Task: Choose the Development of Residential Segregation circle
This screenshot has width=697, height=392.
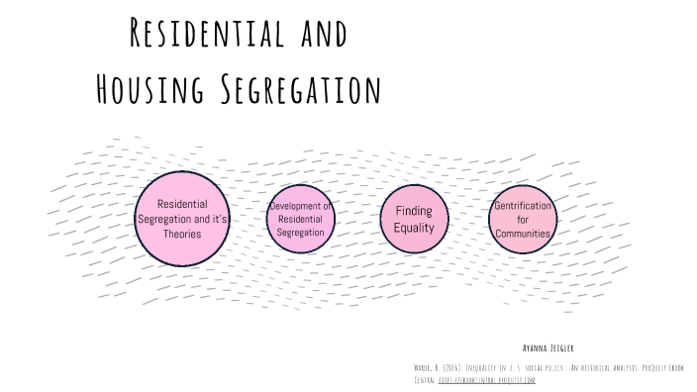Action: tap(300, 218)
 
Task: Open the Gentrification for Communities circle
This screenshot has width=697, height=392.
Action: tap(522, 219)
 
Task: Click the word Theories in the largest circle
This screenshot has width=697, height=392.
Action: tap(182, 235)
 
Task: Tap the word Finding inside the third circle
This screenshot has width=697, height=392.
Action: tap(414, 211)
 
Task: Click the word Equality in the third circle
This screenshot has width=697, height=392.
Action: tap(414, 228)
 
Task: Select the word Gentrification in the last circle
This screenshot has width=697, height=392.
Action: tap(522, 205)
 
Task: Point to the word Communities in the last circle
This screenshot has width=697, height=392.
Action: tap(522, 233)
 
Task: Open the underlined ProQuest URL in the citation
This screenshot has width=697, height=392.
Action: tap(486, 378)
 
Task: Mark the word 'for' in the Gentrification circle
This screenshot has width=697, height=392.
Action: tap(523, 219)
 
